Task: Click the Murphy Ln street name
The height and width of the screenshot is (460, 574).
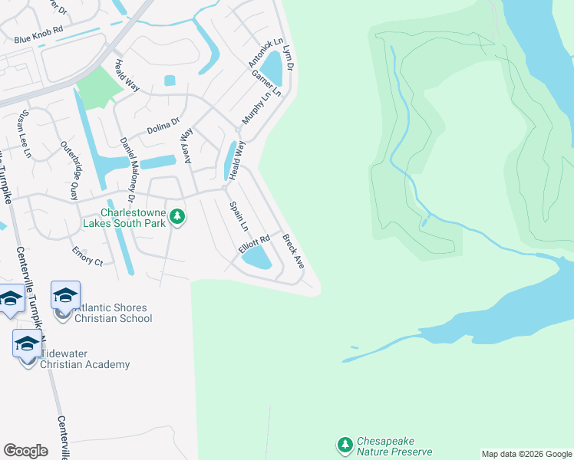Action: [x=257, y=109]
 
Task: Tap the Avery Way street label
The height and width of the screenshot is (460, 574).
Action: [x=186, y=145]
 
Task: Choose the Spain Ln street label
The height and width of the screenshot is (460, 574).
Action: [x=239, y=216]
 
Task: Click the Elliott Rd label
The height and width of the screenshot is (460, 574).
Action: [x=254, y=245]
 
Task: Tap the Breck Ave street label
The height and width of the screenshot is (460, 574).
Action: [x=293, y=251]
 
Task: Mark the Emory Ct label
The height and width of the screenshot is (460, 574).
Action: [x=87, y=255]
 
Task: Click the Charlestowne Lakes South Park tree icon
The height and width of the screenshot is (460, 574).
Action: [x=177, y=217]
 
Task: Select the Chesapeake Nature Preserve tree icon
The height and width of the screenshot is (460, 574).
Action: [x=345, y=444]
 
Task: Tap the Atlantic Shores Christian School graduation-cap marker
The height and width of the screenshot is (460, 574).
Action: [x=66, y=295]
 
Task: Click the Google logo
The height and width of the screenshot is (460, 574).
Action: [x=25, y=450]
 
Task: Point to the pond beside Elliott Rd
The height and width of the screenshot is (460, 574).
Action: [x=256, y=260]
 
